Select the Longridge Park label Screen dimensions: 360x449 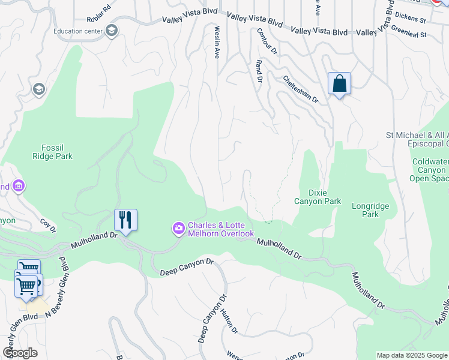tap(370, 210)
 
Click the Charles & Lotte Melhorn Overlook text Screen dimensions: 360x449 tap(221, 230)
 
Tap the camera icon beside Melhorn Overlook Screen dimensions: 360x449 tap(178, 228)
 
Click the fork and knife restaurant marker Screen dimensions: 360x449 tap(125, 220)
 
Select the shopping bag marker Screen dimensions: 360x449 tap(339, 83)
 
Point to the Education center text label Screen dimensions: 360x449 tap(77, 31)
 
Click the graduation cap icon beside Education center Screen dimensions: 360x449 tap(111, 31)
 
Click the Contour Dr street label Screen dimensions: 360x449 tap(267, 41)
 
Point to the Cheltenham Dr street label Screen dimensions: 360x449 tap(300, 89)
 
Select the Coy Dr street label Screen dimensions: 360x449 tap(47, 225)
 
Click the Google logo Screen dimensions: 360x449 tap(20, 353)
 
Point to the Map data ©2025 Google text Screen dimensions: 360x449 tap(412, 355)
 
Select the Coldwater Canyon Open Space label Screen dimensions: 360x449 tap(430, 170)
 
